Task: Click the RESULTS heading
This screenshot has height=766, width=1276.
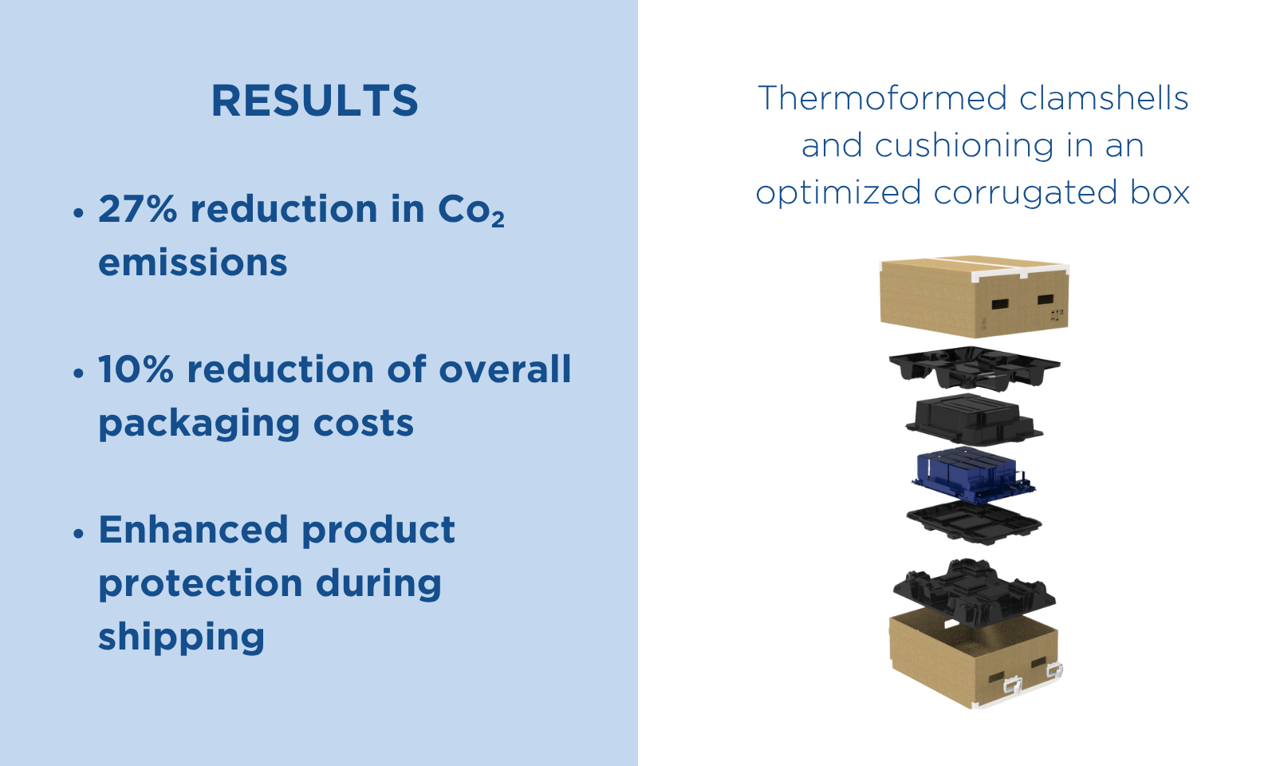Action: point(314,101)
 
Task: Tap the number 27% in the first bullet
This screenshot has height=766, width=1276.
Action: point(138,208)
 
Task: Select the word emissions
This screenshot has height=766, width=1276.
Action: point(192,263)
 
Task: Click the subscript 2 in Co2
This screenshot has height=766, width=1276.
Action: point(498,219)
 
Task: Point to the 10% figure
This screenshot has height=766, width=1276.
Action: point(136,369)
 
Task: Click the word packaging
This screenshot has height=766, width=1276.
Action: point(199,424)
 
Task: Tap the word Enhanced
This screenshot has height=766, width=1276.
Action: point(194,530)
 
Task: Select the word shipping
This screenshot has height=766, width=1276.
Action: point(182,638)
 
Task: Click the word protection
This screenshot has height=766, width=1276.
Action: point(200,583)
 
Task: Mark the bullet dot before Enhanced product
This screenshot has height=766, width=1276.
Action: point(79,534)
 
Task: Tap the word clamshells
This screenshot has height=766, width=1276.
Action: point(1104,97)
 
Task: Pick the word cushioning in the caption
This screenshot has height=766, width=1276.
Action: point(964,145)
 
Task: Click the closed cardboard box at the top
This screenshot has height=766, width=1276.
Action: point(974,296)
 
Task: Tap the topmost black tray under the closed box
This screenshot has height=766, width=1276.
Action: point(974,368)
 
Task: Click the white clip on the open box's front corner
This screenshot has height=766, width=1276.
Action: point(1012,684)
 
